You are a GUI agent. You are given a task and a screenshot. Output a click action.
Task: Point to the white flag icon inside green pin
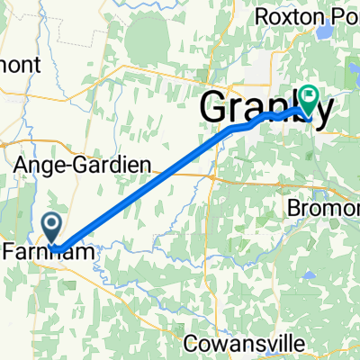tap(310, 94)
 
